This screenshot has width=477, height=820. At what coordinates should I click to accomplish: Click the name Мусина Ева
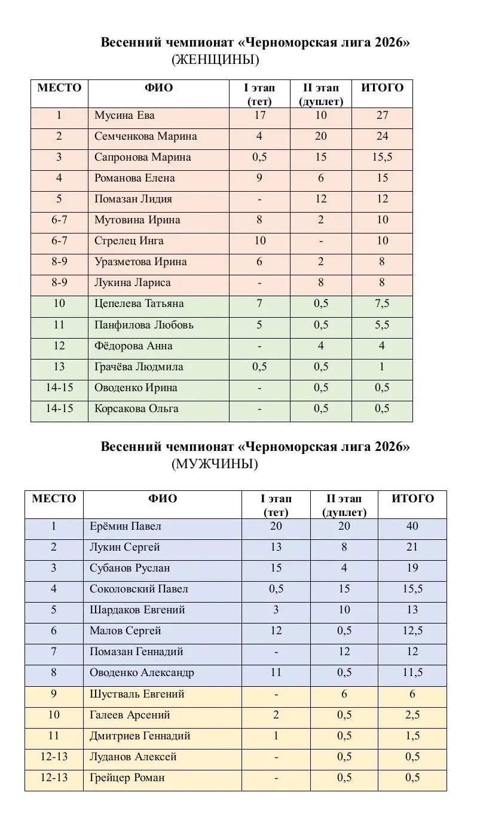pos(124,115)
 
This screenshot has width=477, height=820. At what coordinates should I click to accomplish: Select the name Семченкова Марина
pos(145,136)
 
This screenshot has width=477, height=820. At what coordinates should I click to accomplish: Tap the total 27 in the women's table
pos(382,115)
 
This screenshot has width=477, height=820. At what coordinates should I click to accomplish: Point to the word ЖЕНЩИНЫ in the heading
pos(215,60)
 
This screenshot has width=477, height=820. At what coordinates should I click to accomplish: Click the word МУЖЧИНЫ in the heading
pos(215,464)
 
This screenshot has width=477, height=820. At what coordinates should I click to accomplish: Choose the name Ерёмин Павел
pos(125,526)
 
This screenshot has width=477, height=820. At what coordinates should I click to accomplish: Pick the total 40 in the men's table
pos(412,526)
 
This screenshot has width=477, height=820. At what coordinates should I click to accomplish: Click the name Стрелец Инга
pos(129,241)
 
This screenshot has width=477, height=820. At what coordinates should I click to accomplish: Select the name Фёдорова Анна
pos(133,346)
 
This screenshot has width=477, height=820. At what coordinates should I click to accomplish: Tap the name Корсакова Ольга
pos(136,409)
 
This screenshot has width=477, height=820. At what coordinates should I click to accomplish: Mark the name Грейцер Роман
pos(127,778)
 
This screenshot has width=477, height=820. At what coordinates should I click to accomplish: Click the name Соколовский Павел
pos(139,589)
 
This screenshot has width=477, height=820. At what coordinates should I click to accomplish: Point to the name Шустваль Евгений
pos(137,694)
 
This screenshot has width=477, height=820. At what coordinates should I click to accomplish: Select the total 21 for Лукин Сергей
pos(412,547)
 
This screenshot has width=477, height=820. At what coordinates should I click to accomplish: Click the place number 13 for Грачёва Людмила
pos(59,367)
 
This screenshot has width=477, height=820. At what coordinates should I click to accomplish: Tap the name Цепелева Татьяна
pos(139,303)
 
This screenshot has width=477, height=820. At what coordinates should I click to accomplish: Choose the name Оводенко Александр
pos(142,672)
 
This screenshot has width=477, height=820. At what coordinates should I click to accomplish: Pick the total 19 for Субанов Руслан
pos(412,568)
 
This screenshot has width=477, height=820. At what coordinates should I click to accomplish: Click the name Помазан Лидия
pos(133,199)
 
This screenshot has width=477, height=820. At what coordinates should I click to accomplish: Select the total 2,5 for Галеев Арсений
pos(412,715)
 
